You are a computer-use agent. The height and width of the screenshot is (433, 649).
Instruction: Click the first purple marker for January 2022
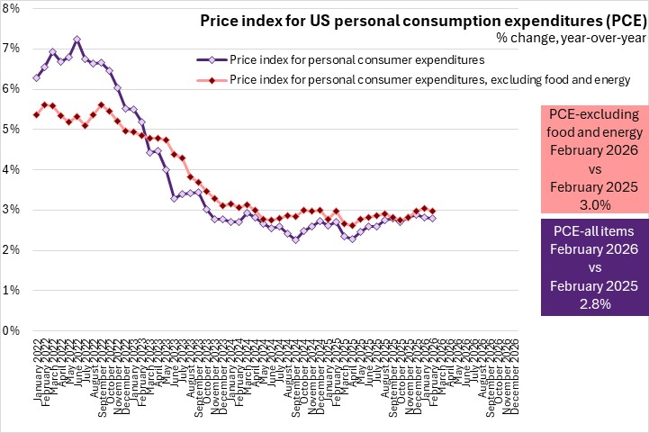click(x=35, y=77)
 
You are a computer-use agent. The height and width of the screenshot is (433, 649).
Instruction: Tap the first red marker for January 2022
click(x=35, y=114)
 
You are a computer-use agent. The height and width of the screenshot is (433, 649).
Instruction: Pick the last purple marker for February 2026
click(x=432, y=218)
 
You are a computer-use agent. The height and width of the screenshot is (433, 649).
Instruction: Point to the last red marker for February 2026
click(x=432, y=211)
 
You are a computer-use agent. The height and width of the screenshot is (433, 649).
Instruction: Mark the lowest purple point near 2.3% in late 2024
click(x=296, y=239)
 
